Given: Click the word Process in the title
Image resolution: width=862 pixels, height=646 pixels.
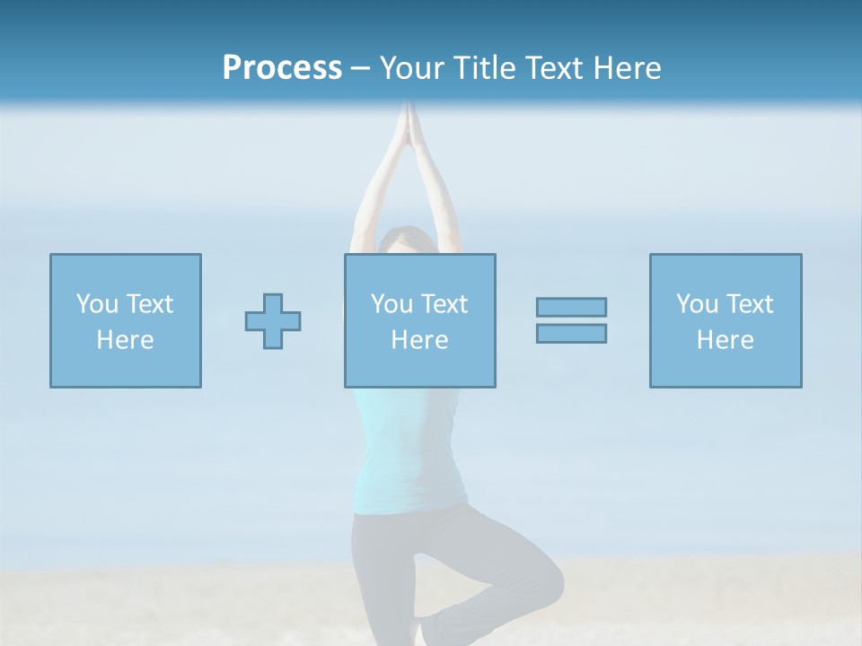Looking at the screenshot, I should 282,68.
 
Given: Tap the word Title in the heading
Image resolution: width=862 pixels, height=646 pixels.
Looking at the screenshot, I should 484,68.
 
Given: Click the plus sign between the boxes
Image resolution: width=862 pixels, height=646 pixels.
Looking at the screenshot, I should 273,321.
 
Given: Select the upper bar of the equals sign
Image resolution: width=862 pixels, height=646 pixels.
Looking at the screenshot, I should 571,307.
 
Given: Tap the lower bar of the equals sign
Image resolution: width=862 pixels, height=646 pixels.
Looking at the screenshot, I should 571,333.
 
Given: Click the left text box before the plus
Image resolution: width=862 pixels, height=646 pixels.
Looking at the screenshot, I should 126,320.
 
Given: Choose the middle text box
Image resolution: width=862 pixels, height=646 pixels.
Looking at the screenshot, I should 419,320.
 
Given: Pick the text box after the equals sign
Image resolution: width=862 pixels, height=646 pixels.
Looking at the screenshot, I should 726,320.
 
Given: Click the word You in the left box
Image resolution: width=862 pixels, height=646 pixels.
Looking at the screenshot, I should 97,304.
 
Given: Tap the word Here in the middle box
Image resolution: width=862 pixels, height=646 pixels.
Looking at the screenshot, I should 419,340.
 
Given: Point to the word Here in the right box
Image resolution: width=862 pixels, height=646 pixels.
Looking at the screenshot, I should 726,340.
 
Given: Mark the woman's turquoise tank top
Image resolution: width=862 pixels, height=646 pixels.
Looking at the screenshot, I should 409,458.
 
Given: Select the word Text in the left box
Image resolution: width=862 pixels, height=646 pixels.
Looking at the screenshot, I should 150,304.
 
